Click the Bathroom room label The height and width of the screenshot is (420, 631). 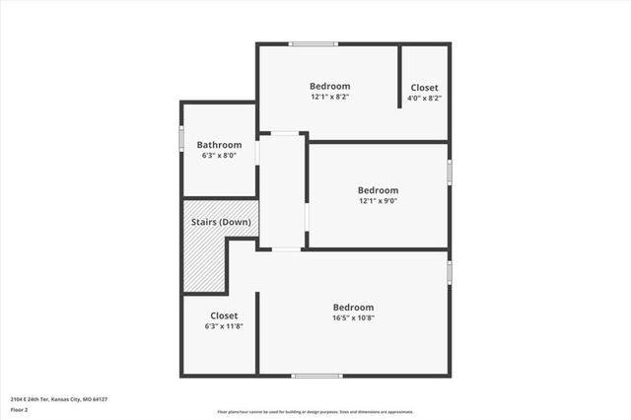point(219,145)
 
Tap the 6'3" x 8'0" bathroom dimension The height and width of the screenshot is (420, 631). point(219,156)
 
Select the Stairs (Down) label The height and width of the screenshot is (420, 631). point(221,222)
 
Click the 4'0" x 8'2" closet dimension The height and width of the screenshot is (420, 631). point(425,98)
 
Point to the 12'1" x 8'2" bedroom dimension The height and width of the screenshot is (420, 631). point(329,97)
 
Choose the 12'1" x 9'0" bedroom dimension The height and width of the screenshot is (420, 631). point(378,201)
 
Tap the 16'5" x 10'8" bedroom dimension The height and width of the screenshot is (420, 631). point(353,317)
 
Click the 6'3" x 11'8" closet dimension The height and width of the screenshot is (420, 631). point(223,326)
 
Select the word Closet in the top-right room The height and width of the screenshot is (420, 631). point(425,87)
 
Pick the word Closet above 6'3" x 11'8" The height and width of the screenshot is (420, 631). point(223,315)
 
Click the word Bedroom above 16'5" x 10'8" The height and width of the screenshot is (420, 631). point(353,307)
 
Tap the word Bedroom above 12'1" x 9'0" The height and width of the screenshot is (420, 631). point(378,190)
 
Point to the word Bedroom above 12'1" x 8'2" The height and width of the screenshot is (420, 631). point(329,86)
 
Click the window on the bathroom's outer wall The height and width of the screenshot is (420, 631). point(181,137)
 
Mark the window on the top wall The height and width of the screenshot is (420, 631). point(314,43)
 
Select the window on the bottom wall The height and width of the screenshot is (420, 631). point(317,376)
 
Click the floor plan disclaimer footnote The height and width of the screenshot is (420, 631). point(315,412)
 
